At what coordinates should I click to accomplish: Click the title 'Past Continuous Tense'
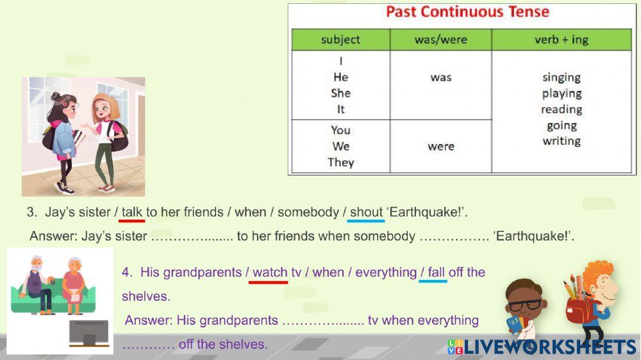(x=467, y=12)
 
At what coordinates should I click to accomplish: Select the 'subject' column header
(x=340, y=40)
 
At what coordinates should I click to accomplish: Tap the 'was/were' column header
(x=441, y=40)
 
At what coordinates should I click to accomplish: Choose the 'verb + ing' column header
(x=561, y=40)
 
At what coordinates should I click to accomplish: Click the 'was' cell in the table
(x=441, y=78)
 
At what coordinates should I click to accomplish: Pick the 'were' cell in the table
(x=441, y=146)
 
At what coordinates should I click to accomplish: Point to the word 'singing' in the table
(x=562, y=78)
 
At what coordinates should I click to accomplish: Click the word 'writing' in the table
(x=562, y=141)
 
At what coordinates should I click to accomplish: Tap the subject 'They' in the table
(x=340, y=162)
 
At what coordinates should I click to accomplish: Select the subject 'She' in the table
(x=340, y=93)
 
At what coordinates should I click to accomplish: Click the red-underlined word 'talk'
(x=131, y=212)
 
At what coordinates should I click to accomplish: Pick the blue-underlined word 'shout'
(x=366, y=212)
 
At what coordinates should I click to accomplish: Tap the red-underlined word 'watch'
(x=270, y=272)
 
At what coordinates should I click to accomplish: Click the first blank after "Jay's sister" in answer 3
(x=192, y=236)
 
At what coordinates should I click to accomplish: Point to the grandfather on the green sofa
(x=36, y=282)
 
